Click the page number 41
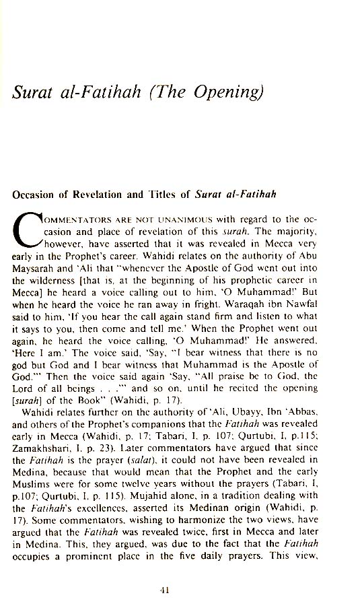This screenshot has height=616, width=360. click(165, 590)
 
